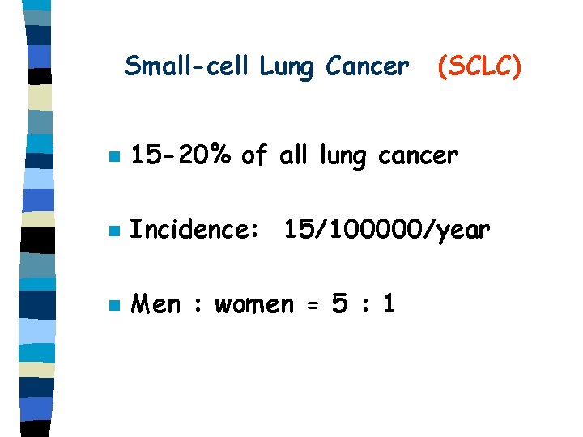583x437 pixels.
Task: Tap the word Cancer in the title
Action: pyautogui.click(x=367, y=66)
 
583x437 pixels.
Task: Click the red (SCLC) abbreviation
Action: pyautogui.click(x=479, y=66)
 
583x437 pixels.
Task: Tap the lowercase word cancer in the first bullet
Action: pyautogui.click(x=427, y=155)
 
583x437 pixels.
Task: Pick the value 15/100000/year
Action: pyautogui.click(x=387, y=231)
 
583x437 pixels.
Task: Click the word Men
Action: pyautogui.click(x=155, y=305)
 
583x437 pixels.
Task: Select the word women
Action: pyautogui.click(x=254, y=306)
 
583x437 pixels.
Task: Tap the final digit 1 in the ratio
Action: pyautogui.click(x=389, y=305)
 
